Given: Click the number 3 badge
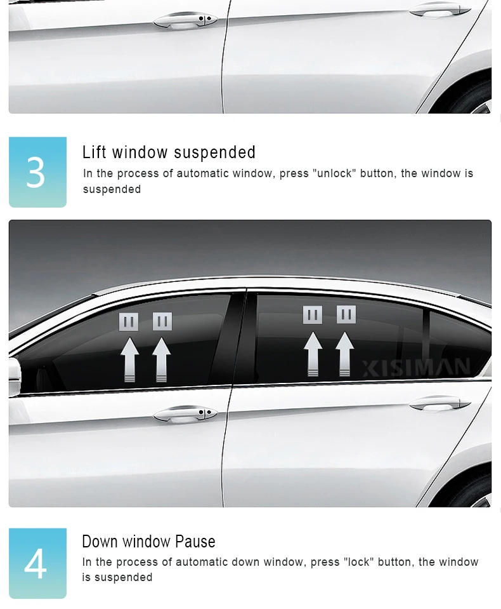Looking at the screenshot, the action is [37, 172].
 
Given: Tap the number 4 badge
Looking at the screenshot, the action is [37, 563].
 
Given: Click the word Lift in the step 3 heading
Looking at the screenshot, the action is [94, 152].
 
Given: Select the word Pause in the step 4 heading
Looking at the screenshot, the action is [195, 541].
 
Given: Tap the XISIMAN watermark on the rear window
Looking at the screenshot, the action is [416, 367].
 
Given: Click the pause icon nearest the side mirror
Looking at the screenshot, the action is [128, 321].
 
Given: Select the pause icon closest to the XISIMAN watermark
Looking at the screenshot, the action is [346, 314].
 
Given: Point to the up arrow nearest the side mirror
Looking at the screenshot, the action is [129, 359].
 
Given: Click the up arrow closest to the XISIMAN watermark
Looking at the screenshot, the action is [344, 354].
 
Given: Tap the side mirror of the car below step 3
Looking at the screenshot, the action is [15, 377].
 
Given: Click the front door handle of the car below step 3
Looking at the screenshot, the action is [185, 414].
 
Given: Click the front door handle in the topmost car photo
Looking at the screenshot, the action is [185, 20].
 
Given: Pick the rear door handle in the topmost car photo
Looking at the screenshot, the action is [440, 10].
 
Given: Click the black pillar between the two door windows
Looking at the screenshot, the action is [237, 338].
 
